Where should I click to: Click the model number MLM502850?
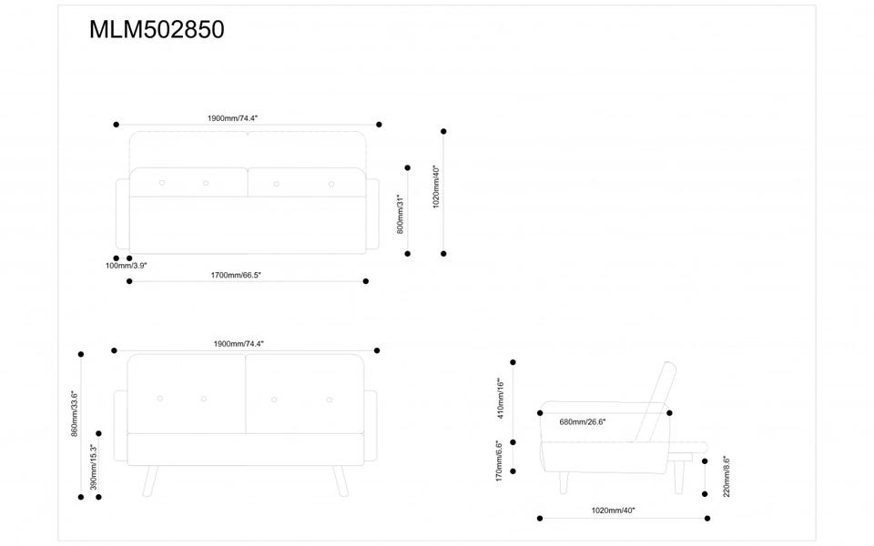coord(157,30)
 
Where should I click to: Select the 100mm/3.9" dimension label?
coord(126,266)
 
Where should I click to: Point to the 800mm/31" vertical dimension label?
coord(401,214)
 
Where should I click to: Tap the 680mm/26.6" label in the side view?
coord(583,422)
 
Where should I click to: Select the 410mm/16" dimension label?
coord(500,398)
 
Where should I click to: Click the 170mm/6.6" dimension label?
coord(500,460)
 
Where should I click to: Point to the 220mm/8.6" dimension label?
coord(726,477)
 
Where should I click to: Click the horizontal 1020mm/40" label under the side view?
coord(613,511)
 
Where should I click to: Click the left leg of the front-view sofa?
coord(151,480)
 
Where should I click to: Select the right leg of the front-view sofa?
coord(340,480)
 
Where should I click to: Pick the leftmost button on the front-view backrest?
coord(160,399)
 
